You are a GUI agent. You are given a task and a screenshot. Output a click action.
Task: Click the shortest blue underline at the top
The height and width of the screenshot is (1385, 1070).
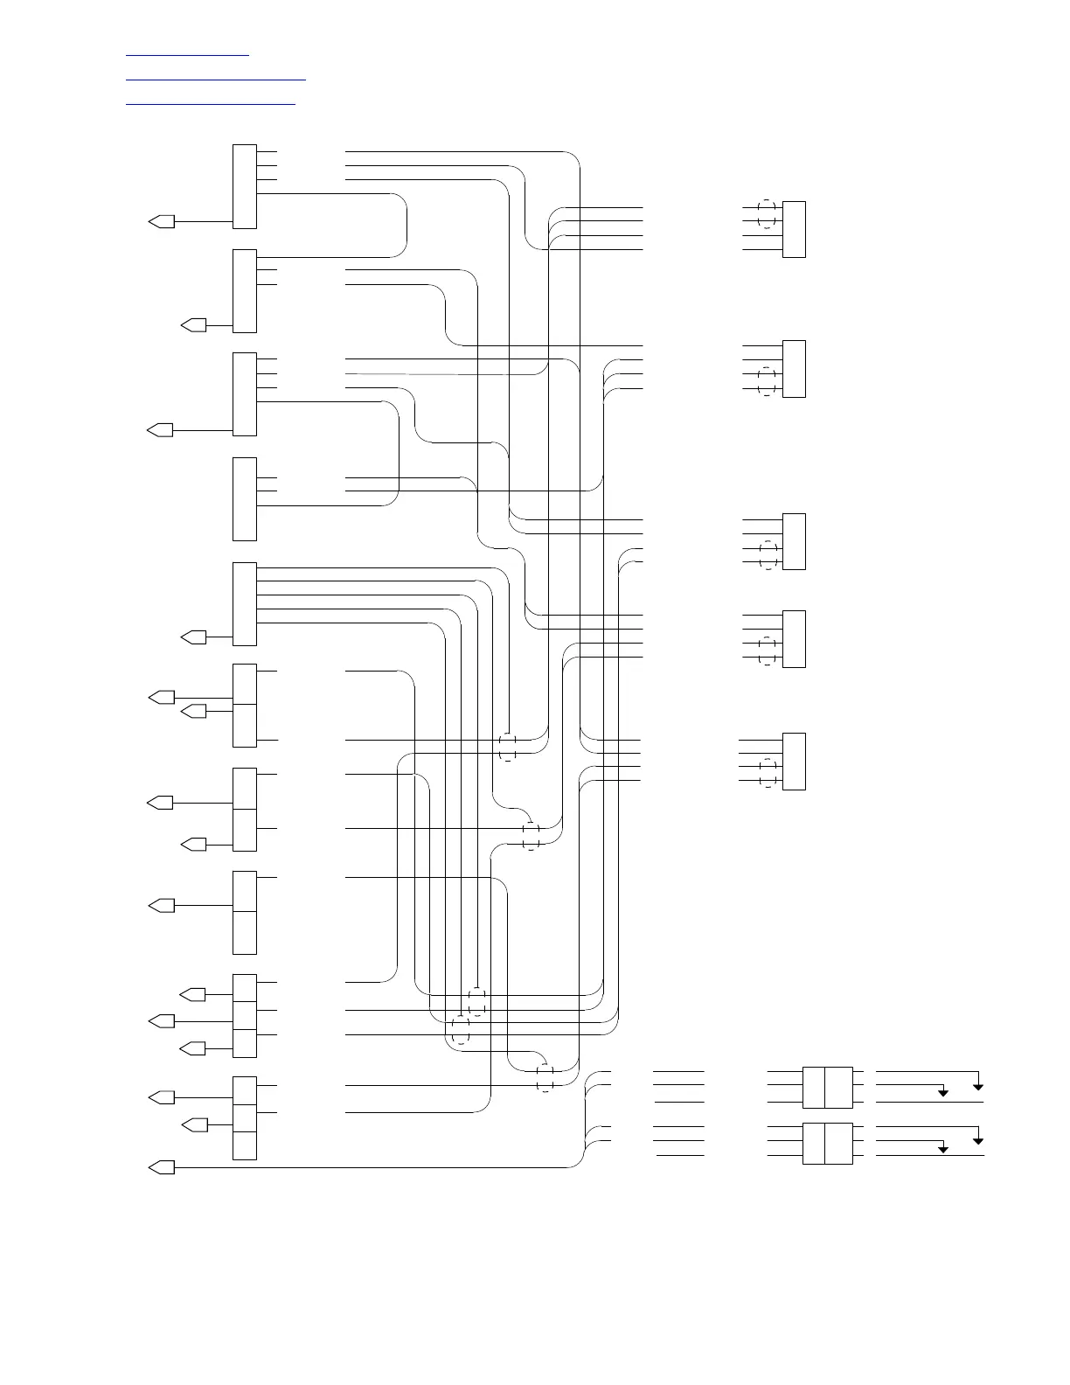187,56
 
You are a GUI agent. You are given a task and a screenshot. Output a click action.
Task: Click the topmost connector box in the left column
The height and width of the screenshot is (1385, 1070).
245,186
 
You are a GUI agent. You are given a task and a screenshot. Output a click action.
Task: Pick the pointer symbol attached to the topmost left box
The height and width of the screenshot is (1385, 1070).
161,222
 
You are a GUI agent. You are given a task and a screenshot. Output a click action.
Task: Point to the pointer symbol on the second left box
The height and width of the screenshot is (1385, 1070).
193,325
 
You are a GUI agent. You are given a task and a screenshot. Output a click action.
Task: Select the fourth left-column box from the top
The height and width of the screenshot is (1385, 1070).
245,498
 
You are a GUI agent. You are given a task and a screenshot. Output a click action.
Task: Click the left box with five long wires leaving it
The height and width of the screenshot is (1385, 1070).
245,603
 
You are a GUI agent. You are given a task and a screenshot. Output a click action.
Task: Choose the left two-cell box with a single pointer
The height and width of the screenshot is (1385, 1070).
245,912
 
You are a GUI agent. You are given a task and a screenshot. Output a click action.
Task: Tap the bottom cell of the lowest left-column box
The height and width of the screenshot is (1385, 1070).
245,1145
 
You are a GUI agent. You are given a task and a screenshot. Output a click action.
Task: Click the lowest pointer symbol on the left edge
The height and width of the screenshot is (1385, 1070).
162,1167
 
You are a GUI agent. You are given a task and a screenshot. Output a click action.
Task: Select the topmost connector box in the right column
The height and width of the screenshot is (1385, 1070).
794,229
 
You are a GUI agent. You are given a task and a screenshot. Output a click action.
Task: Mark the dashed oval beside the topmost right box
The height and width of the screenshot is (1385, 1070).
767,214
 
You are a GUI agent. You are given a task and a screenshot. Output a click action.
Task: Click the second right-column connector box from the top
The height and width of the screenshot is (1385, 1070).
794,368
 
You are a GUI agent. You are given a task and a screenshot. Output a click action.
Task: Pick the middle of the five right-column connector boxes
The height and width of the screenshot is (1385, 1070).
794,541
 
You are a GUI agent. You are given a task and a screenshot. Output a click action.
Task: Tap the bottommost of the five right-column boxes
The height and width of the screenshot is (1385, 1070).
794,761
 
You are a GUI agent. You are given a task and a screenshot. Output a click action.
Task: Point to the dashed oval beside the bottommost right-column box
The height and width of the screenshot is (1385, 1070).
768,772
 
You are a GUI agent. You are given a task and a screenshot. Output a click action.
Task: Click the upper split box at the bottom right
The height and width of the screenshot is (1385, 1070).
827,1087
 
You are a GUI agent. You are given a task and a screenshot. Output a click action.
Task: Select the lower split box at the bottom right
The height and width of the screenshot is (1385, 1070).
827,1143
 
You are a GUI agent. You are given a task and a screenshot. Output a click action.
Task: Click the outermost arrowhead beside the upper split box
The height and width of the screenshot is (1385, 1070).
978,1086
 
